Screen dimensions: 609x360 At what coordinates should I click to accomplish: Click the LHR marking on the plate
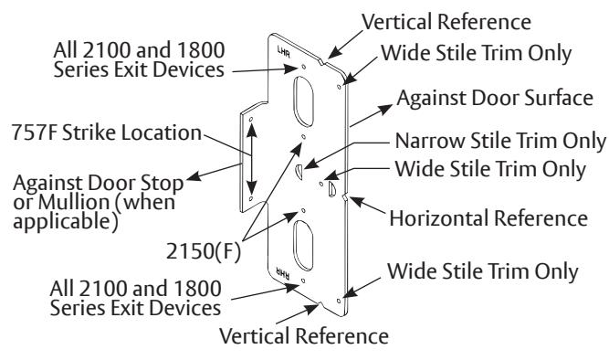(x=284, y=52)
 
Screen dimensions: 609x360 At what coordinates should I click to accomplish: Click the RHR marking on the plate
(x=282, y=272)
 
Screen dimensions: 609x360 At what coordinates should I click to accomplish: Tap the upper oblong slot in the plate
(x=303, y=101)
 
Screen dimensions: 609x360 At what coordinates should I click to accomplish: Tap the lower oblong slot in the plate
(x=303, y=245)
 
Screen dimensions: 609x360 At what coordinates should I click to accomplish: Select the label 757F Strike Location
(x=107, y=132)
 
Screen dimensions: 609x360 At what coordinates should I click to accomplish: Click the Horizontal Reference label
(x=488, y=218)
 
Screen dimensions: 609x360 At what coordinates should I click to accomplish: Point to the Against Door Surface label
(x=495, y=98)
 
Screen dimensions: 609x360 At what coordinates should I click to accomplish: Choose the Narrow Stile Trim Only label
(x=499, y=141)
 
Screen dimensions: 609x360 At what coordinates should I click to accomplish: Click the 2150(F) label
(x=204, y=250)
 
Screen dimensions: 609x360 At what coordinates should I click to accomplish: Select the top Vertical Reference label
(x=446, y=22)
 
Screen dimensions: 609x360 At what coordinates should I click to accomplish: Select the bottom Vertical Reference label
(x=304, y=336)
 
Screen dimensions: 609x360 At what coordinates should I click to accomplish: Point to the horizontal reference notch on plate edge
(x=345, y=197)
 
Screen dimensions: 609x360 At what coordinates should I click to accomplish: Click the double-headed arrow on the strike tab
(x=251, y=159)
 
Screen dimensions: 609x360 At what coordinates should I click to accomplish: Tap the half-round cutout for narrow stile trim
(x=299, y=172)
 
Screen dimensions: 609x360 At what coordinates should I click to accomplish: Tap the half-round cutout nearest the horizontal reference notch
(x=332, y=188)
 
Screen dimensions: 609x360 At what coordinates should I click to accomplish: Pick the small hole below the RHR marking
(x=303, y=281)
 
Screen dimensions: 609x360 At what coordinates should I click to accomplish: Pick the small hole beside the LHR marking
(x=304, y=67)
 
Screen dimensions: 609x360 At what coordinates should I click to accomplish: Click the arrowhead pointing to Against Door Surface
(x=386, y=109)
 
